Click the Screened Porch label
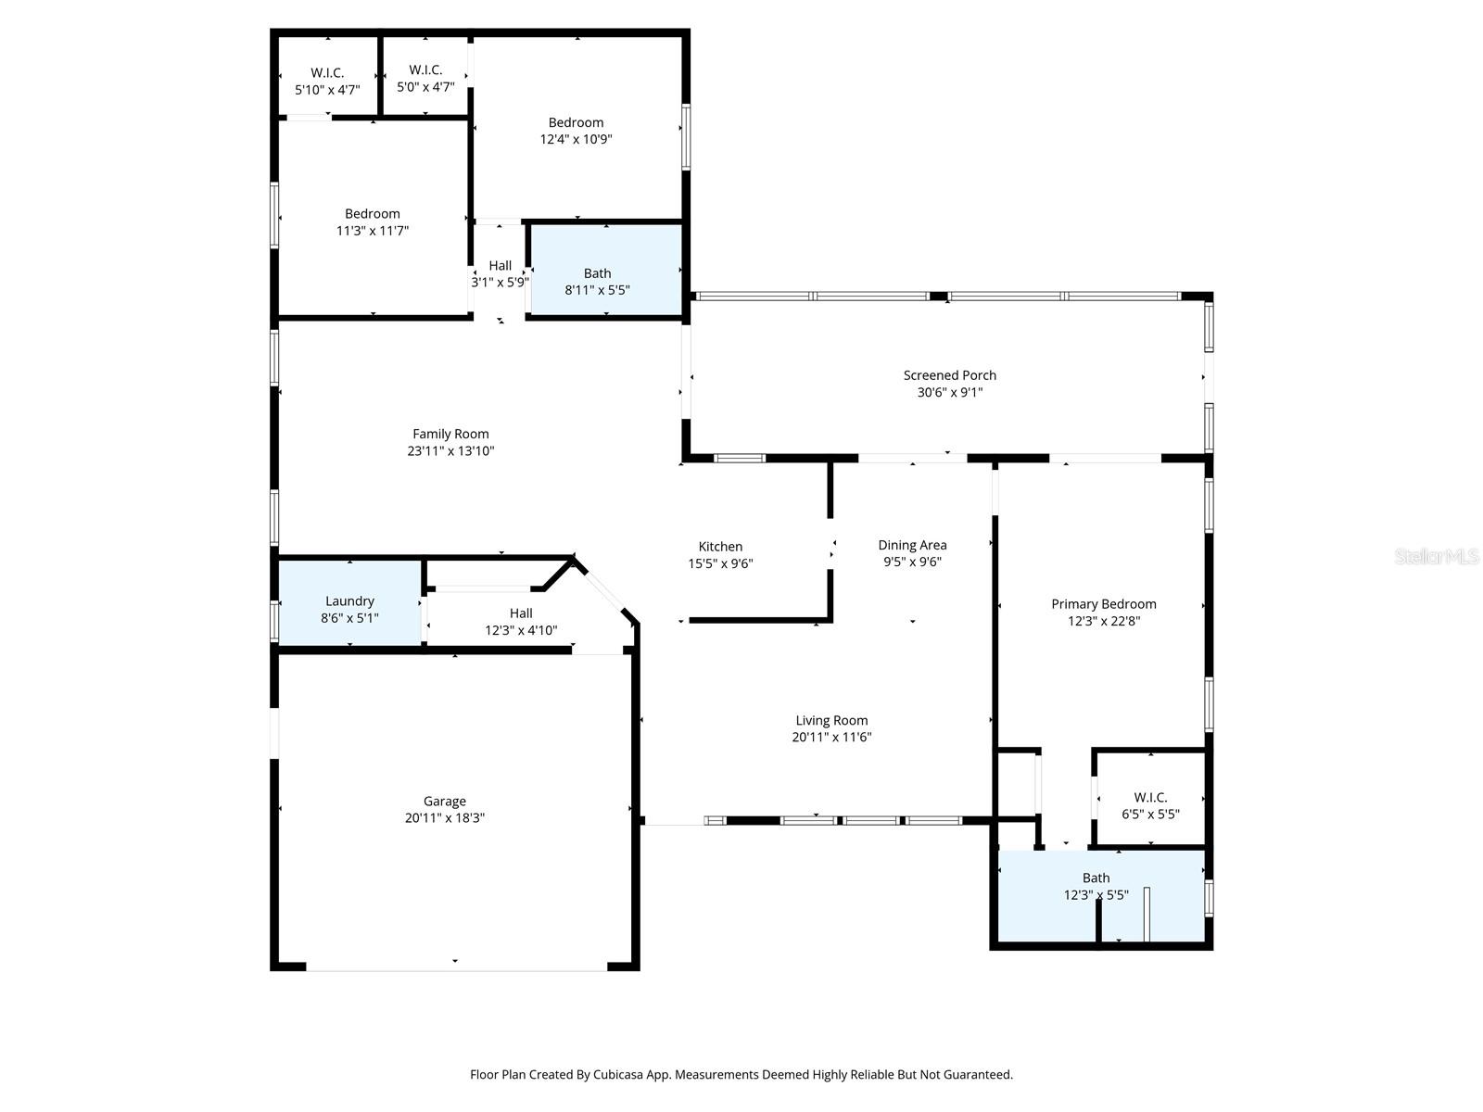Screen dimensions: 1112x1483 tap(949, 375)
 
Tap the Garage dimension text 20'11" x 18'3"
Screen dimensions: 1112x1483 tap(444, 818)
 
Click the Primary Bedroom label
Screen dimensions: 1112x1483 tap(1103, 604)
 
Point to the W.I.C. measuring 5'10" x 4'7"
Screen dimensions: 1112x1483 tap(327, 82)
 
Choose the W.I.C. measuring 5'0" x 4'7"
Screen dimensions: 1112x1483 tap(425, 79)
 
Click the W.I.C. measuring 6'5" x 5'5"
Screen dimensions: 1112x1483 tap(1150, 805)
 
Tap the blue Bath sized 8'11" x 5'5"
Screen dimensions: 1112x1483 tap(598, 280)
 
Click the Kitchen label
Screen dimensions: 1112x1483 tap(720, 547)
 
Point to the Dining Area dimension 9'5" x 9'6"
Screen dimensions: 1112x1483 tap(912, 562)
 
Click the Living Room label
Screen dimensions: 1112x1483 tap(831, 720)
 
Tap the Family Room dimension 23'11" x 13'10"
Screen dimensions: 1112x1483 tap(451, 451)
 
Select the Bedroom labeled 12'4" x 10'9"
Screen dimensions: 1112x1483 tap(576, 130)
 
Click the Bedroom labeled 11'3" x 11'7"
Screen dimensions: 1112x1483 tap(372, 221)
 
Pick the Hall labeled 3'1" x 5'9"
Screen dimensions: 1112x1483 tap(500, 273)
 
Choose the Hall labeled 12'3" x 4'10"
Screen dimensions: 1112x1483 tap(521, 621)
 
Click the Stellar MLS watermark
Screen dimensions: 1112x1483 tap(1437, 557)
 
